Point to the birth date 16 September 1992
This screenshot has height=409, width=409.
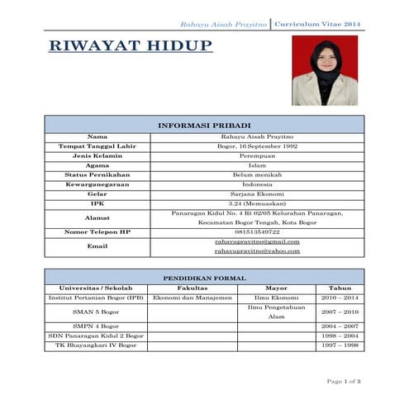256,145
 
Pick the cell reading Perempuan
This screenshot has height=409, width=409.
256,155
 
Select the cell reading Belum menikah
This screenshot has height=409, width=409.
256,174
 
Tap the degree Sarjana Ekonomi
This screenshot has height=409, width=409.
256,193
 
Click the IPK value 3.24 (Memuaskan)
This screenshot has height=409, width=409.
256,203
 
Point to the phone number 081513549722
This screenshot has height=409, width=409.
256,232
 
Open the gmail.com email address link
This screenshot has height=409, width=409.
256,241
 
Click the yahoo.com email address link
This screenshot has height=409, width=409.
256,251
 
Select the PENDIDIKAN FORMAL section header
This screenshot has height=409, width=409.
204,278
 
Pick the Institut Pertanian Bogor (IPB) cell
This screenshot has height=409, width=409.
96,297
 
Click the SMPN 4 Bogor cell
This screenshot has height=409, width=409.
96,326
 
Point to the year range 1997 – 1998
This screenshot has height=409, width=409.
340,345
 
